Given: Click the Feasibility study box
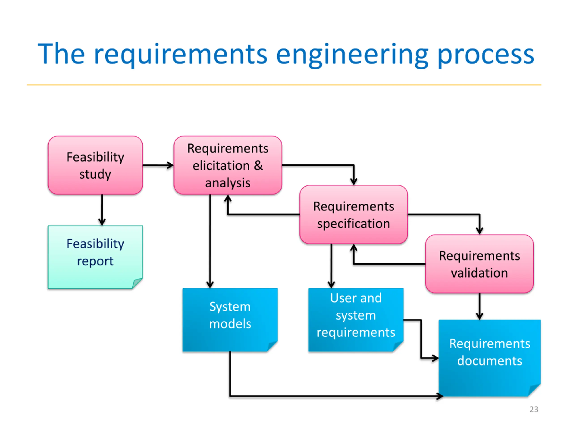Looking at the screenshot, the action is tap(95, 165).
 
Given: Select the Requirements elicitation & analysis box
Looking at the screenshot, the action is tap(228, 165).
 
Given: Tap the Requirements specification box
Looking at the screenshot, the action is tap(354, 215).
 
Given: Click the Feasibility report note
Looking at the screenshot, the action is tap(95, 257).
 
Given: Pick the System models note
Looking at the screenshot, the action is tap(230, 320).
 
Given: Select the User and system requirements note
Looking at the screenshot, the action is tap(356, 320).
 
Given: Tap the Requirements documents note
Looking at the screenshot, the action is tap(490, 358).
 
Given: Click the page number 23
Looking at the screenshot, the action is tap(534, 409).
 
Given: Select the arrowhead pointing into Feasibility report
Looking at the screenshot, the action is tap(102, 222).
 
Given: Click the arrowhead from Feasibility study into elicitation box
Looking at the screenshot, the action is tap(170, 165).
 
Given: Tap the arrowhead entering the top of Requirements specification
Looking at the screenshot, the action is tap(354, 181).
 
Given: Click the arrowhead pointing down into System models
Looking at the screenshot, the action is tap(210, 284).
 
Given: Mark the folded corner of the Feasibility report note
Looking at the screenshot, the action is tap(137, 283).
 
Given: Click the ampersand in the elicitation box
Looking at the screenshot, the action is tap(258, 166).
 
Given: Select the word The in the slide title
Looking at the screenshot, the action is tap(61, 54).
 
